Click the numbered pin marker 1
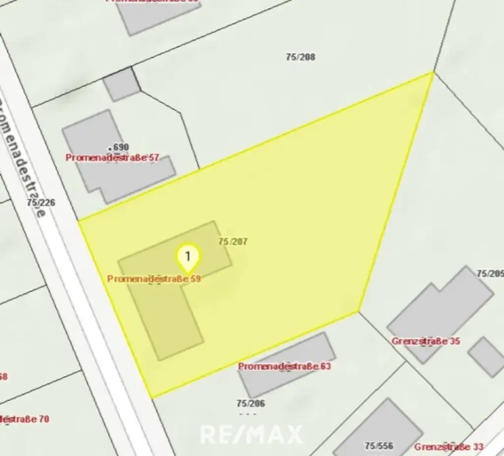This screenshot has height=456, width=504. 188,256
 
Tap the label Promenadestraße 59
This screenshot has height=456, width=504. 154,279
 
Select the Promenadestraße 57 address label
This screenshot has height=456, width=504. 113,158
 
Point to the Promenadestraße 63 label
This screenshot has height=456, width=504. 284,366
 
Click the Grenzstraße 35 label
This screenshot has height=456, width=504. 426,341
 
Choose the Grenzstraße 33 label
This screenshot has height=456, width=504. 448,447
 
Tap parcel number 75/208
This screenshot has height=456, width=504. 300,57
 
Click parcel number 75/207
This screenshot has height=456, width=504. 233,242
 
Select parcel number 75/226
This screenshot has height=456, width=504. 41,202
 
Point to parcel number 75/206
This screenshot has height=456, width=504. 251,404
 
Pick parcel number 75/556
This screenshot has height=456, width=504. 378,446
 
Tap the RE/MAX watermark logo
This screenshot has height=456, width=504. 251,434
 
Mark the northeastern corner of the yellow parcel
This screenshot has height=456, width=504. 433,73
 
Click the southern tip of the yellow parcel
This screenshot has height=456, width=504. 151,396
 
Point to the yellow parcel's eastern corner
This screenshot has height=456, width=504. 358,311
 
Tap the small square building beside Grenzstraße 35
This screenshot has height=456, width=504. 485,357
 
